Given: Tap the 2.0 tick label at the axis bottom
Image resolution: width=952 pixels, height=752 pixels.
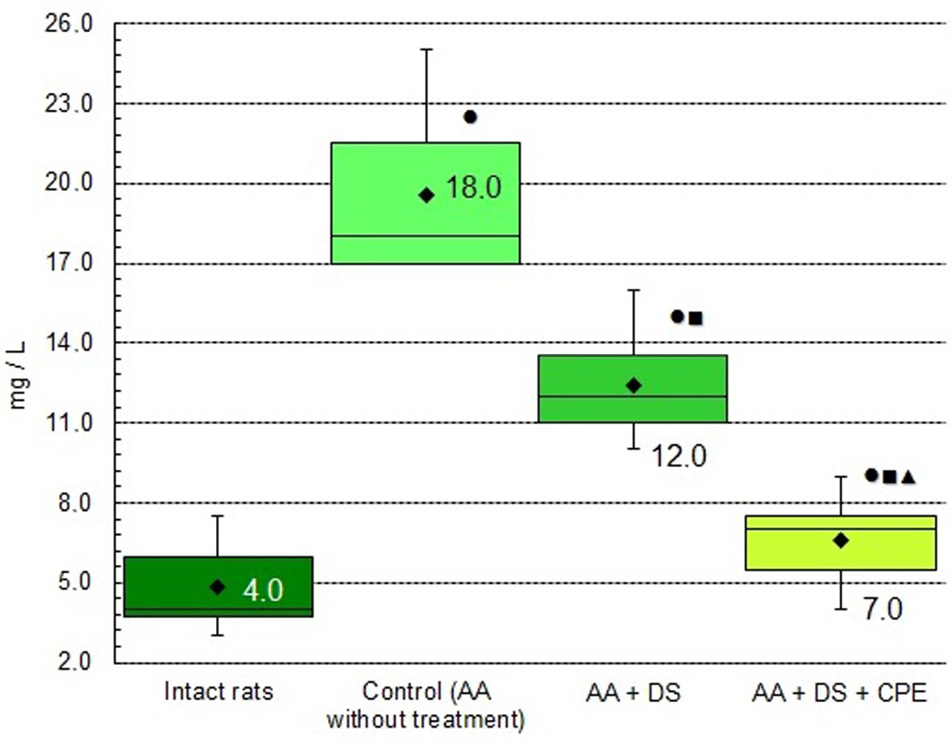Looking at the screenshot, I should [81, 663].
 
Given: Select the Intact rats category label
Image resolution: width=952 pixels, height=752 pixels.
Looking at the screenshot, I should [218, 692].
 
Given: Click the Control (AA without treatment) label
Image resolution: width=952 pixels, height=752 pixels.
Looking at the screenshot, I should [426, 706].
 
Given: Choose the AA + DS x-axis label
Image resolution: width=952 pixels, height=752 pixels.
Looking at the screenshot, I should [633, 692].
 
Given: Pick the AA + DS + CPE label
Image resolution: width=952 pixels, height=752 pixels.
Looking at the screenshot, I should [839, 692].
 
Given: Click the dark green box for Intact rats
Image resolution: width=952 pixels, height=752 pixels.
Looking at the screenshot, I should [218, 587].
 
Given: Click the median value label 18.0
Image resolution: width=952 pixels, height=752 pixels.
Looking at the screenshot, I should [474, 188].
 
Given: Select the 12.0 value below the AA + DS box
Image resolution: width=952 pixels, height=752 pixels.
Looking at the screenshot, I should [679, 458].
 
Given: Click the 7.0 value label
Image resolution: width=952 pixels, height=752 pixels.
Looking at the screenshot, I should [883, 609].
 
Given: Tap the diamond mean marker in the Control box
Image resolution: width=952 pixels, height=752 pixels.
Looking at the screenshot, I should [426, 195].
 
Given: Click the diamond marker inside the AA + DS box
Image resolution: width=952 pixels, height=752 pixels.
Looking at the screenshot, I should [634, 385].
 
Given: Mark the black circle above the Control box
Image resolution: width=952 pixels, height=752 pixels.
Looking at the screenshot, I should [470, 117].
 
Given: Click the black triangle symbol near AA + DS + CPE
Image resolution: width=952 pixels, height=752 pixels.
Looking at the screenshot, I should [908, 476].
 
